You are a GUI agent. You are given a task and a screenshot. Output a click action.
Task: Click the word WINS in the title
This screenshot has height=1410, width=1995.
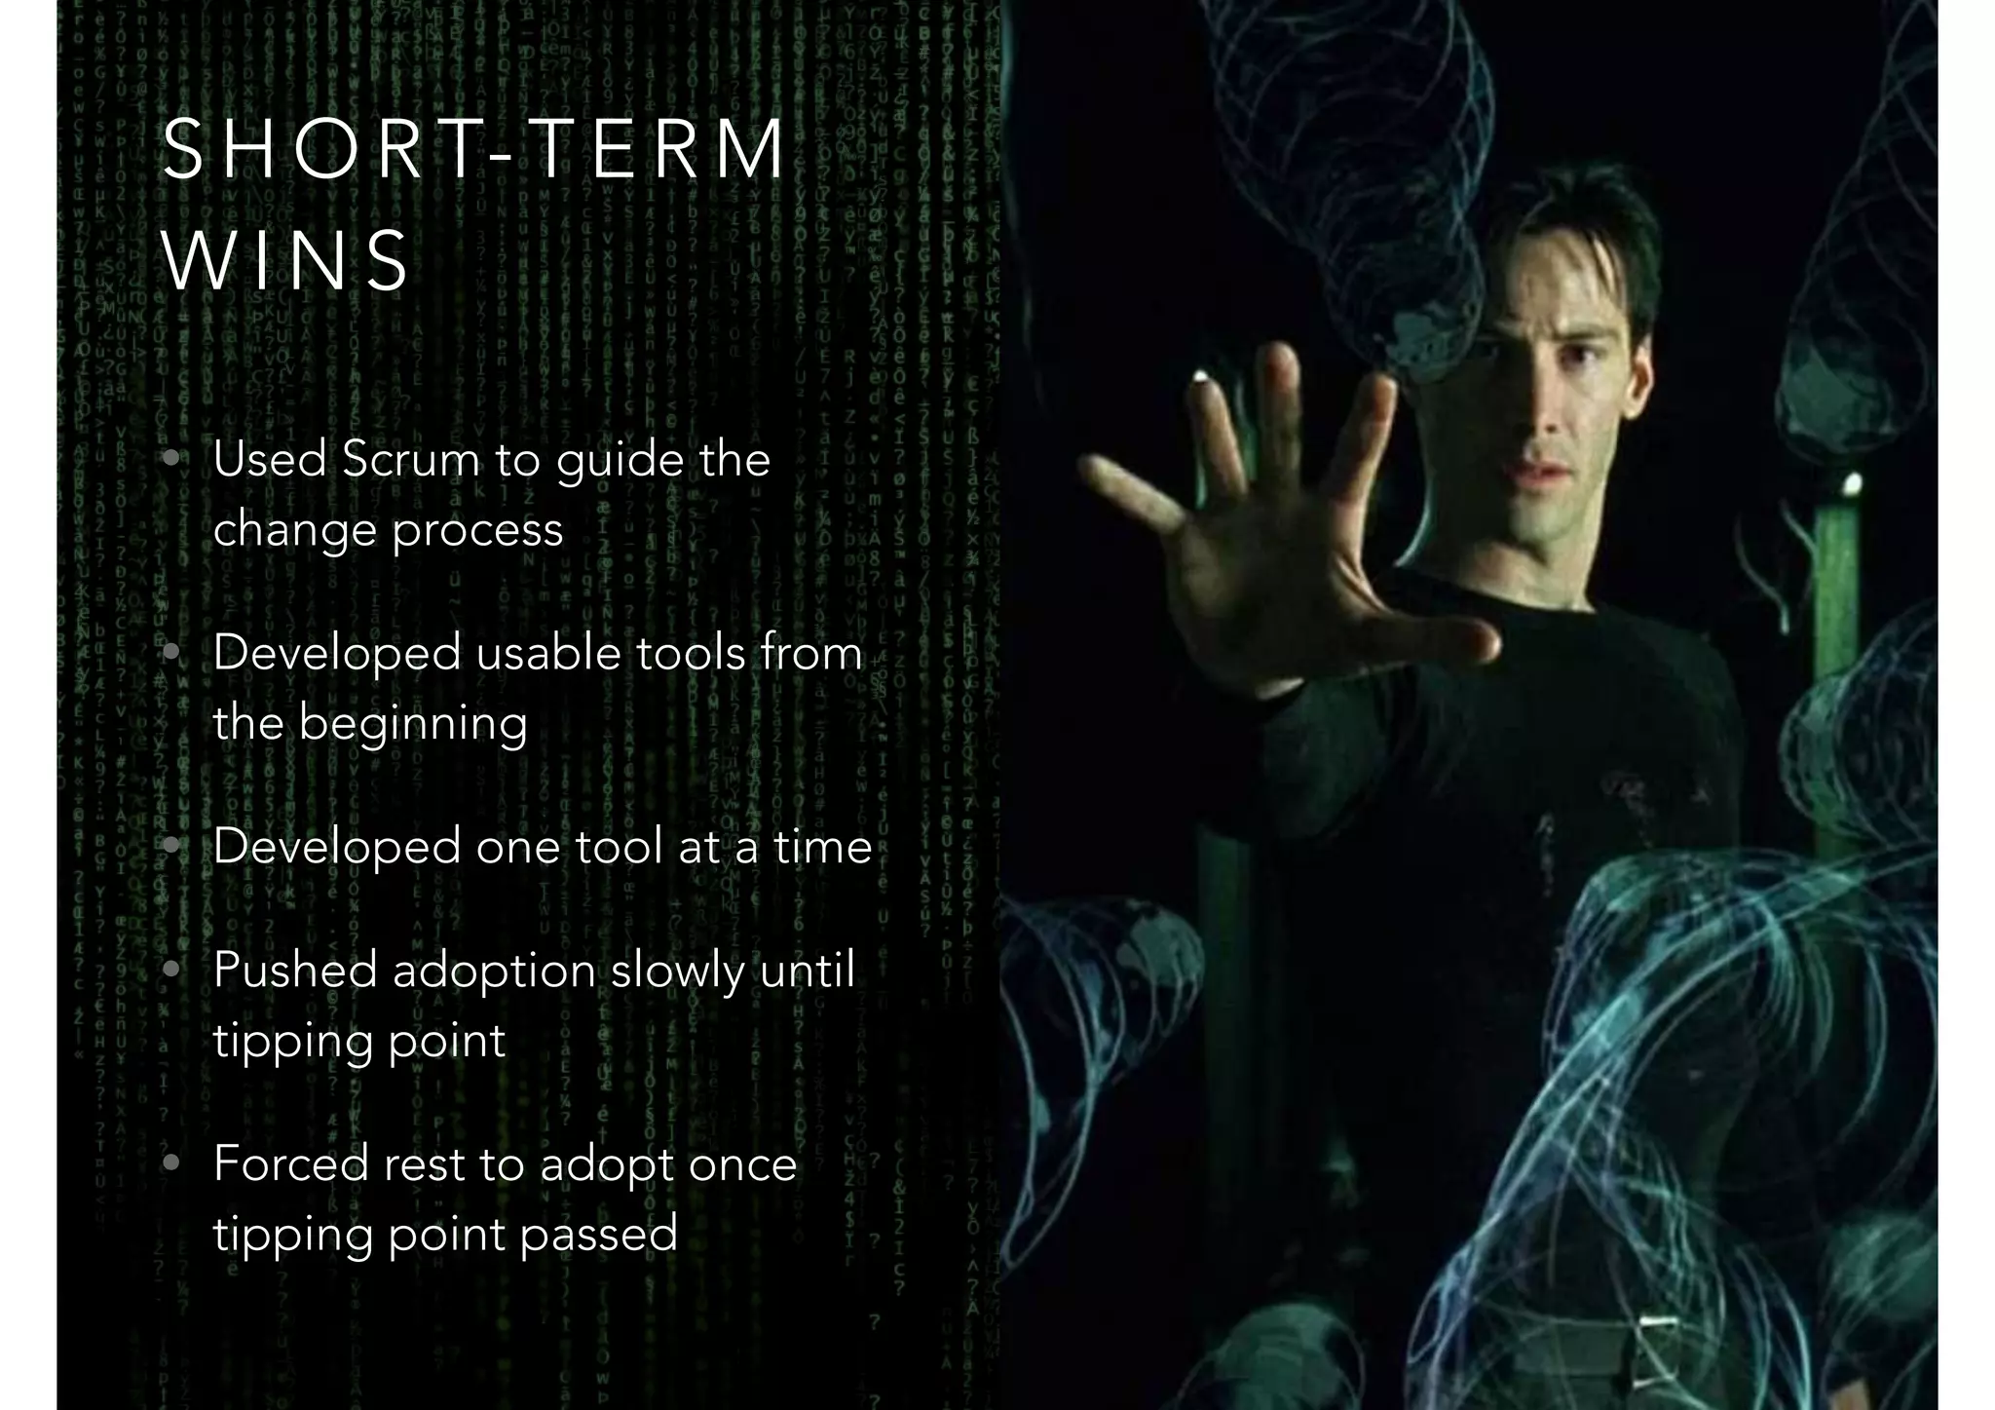pos(286,260)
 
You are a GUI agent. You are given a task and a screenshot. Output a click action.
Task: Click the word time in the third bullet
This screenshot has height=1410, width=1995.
pos(823,846)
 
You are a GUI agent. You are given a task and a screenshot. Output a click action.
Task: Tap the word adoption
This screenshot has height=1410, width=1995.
pos(494,971)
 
